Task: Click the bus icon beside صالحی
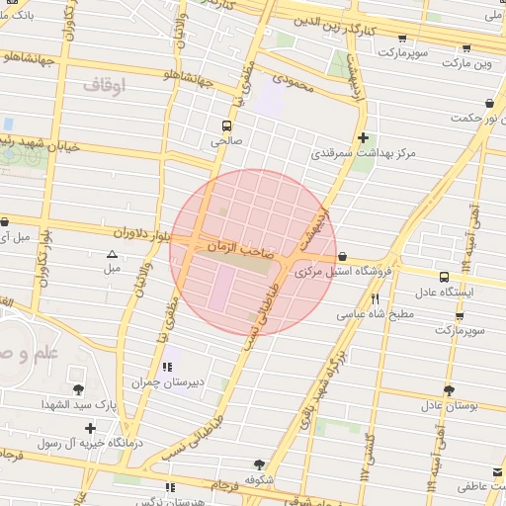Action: (x=227, y=126)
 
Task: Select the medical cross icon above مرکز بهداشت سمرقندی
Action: (x=364, y=137)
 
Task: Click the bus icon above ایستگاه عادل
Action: (x=444, y=277)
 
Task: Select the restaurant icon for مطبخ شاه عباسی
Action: (x=375, y=298)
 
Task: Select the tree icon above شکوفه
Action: (x=259, y=464)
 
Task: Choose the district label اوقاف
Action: (x=105, y=87)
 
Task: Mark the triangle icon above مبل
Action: (x=112, y=254)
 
